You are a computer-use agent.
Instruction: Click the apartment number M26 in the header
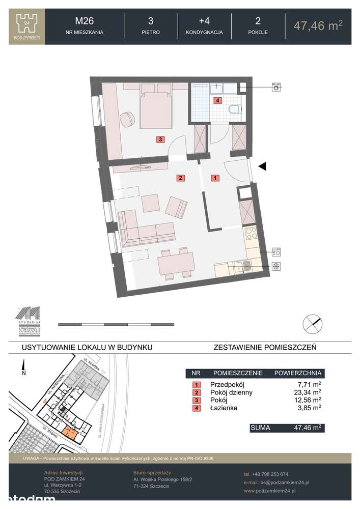click(x=85, y=21)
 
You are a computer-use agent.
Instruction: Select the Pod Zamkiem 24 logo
click(x=27, y=26)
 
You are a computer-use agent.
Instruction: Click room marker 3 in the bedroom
click(x=160, y=139)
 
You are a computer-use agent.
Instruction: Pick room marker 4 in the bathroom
click(x=217, y=101)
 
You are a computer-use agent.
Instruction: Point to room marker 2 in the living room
click(x=180, y=178)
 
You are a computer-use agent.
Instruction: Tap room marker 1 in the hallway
click(x=215, y=178)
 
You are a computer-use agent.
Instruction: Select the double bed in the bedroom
click(x=156, y=108)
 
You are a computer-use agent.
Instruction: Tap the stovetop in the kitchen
click(x=252, y=235)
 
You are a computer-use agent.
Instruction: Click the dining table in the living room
click(x=176, y=264)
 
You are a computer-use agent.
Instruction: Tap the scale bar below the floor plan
click(x=116, y=324)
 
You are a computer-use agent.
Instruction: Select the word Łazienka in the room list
click(x=224, y=408)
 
